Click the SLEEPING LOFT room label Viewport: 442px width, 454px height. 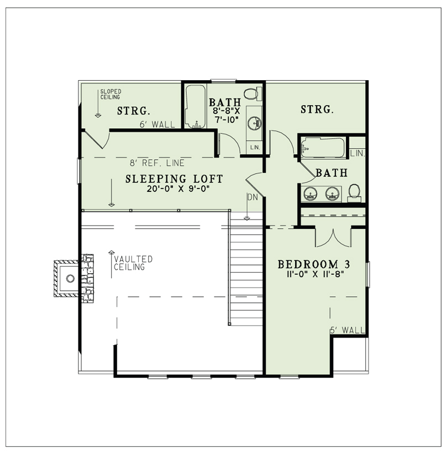(174, 179)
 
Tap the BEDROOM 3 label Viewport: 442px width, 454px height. (314, 264)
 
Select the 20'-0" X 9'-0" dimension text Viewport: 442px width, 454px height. (178, 189)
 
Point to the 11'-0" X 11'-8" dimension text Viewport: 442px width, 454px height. (315, 274)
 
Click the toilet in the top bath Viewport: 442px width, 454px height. (252, 94)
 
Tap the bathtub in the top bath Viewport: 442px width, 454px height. (196, 107)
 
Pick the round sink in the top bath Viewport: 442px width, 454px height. (254, 123)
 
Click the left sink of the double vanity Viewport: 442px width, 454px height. (310, 193)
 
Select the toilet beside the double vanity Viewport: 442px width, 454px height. (354, 193)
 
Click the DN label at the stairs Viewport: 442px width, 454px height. (252, 197)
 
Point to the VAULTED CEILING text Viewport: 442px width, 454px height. (133, 263)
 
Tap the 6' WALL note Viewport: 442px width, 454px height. (157, 124)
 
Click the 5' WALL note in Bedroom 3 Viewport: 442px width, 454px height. (348, 330)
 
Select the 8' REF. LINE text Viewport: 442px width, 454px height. (157, 163)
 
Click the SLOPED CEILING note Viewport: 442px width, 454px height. (110, 95)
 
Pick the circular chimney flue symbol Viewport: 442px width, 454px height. (70, 279)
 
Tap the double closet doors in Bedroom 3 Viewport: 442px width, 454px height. (333, 238)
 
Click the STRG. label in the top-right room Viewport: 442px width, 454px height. (317, 109)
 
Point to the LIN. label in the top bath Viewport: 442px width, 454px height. (255, 148)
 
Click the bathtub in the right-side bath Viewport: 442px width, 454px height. (323, 148)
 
